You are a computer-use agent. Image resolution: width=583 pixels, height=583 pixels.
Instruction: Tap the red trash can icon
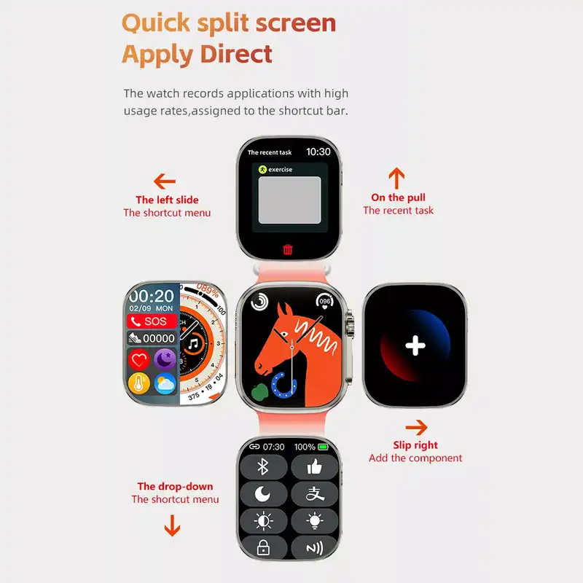tap(287, 249)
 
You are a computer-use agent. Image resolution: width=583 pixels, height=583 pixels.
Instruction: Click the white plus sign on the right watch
tap(415, 345)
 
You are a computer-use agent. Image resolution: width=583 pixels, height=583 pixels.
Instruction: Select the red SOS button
tap(152, 321)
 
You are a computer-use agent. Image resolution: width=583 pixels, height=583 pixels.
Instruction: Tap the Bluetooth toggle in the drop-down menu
tap(263, 467)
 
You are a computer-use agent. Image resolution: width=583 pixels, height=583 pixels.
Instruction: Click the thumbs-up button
tap(315, 467)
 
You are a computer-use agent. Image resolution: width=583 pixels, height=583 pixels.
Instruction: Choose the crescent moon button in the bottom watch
tap(263, 494)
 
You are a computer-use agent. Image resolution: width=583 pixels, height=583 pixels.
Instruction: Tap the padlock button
tap(263, 547)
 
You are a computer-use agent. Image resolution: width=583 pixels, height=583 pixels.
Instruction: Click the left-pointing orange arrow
tap(165, 181)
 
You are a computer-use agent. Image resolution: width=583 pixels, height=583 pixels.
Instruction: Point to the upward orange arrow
tap(396, 178)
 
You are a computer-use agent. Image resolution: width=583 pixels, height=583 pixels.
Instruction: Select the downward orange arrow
tap(172, 525)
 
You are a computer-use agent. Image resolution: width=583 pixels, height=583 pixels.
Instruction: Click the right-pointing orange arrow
tap(416, 428)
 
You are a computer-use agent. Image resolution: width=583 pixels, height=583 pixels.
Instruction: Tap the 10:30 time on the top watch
tap(318, 152)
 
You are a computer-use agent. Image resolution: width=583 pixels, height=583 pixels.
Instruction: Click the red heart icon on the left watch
tap(139, 360)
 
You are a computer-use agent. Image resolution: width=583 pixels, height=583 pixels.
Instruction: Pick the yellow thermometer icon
tap(139, 383)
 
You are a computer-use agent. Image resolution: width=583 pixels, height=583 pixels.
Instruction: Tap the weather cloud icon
tap(165, 383)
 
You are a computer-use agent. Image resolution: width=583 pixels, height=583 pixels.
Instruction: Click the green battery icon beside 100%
tap(323, 447)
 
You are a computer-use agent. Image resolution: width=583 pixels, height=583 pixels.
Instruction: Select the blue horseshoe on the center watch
tap(283, 386)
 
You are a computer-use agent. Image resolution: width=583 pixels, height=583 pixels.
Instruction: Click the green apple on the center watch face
tap(260, 392)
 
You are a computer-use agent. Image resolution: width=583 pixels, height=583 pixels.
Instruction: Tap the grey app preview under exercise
tap(289, 200)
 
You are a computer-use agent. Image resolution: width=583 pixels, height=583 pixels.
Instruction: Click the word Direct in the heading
tap(236, 54)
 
